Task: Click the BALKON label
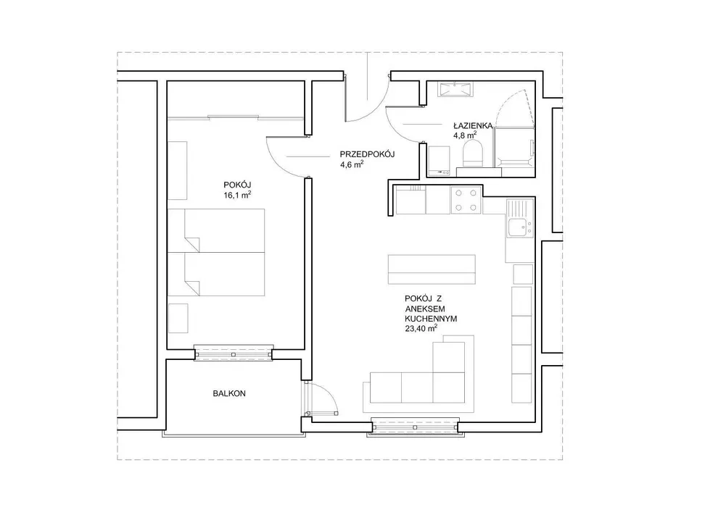click(229, 393)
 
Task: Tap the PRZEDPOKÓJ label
click(367, 154)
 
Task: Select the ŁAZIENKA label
click(473, 125)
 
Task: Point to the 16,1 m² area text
click(236, 195)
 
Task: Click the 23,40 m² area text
click(421, 328)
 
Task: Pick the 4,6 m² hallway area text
click(352, 164)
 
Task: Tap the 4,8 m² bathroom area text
click(465, 135)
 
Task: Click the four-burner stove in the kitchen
click(466, 200)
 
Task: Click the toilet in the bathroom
click(474, 154)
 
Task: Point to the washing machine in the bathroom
click(439, 161)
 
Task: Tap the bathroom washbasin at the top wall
click(455, 89)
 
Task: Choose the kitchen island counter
click(432, 269)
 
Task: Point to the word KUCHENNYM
click(431, 319)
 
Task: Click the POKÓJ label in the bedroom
click(237, 185)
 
